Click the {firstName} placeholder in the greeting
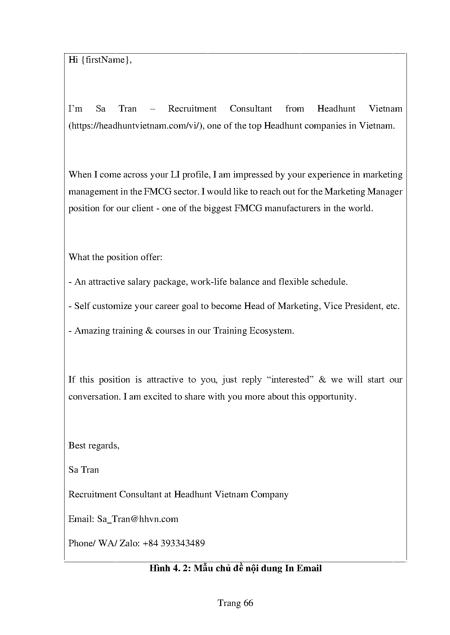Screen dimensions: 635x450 pos(105,60)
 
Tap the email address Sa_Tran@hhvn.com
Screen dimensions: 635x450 pos(138,519)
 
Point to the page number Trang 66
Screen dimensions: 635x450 pos(235,603)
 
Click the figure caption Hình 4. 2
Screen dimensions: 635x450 pos(170,568)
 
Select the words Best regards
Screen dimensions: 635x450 pos(94,445)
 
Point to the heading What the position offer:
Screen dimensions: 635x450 pos(115,257)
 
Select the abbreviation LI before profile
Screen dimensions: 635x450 pos(174,175)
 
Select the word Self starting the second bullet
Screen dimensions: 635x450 pos(82,306)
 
